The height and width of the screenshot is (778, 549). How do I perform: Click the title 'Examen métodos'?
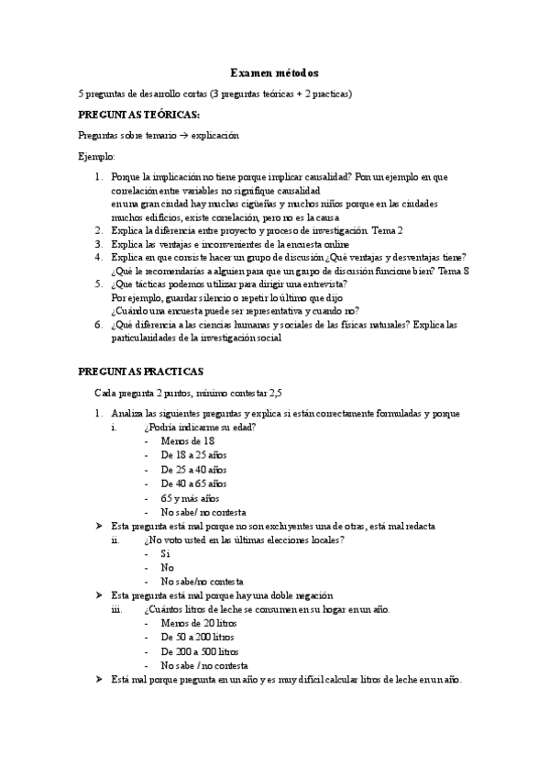click(x=274, y=72)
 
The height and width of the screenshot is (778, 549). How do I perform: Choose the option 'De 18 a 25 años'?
click(x=193, y=455)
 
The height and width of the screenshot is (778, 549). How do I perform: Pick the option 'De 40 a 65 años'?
click(x=193, y=483)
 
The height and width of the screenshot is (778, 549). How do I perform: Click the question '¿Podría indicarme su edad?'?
click(x=200, y=428)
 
